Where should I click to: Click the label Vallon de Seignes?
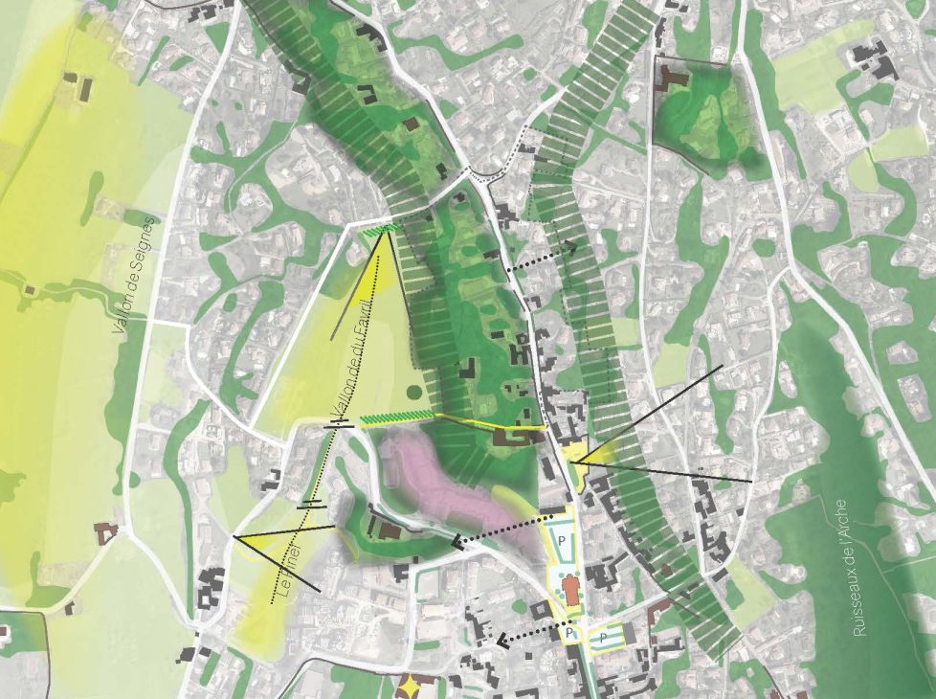(x=134, y=276)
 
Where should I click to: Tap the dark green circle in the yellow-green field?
(x=413, y=391)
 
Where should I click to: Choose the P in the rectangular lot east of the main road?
(x=604, y=636)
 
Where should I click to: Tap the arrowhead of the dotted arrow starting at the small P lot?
(x=501, y=640)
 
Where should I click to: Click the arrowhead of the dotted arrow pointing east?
(x=573, y=248)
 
